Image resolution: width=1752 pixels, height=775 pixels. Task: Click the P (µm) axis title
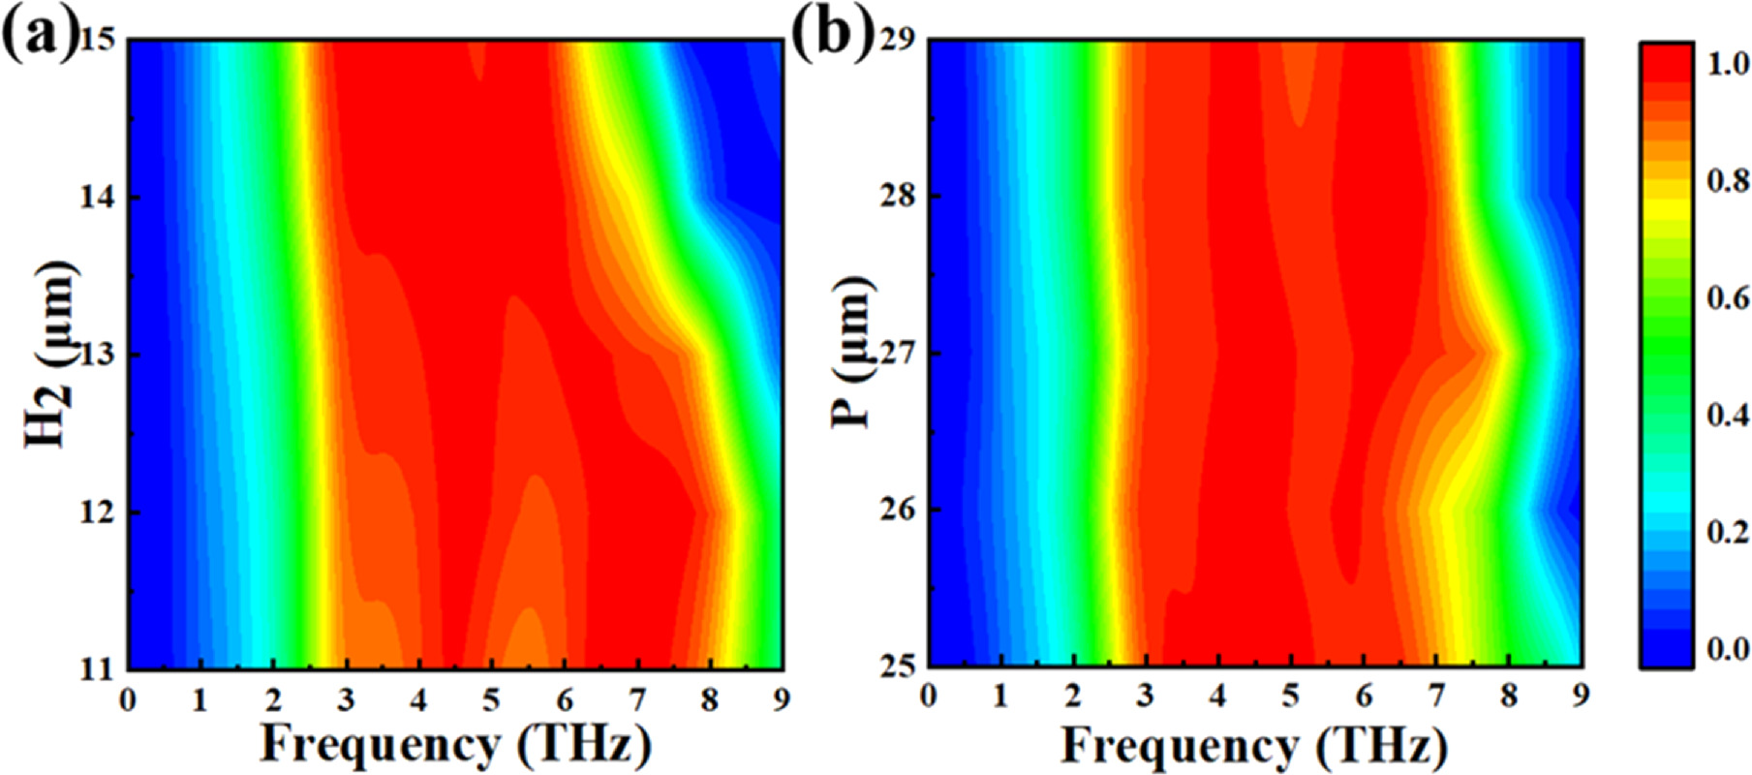(x=852, y=354)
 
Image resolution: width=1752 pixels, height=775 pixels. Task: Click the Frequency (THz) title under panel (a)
(x=455, y=746)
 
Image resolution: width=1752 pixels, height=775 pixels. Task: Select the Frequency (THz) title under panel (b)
(x=1255, y=746)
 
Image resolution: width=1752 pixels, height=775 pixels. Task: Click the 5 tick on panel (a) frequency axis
(x=492, y=697)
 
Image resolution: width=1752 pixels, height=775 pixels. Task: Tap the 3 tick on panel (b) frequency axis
(x=1146, y=695)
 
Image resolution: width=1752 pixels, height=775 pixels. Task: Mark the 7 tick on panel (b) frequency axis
(x=1436, y=695)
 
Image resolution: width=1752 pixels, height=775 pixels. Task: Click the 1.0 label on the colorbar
(x=1728, y=65)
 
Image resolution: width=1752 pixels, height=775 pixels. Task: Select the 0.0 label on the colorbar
(x=1728, y=648)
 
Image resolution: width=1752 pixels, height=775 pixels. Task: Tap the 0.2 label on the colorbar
(x=1728, y=532)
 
